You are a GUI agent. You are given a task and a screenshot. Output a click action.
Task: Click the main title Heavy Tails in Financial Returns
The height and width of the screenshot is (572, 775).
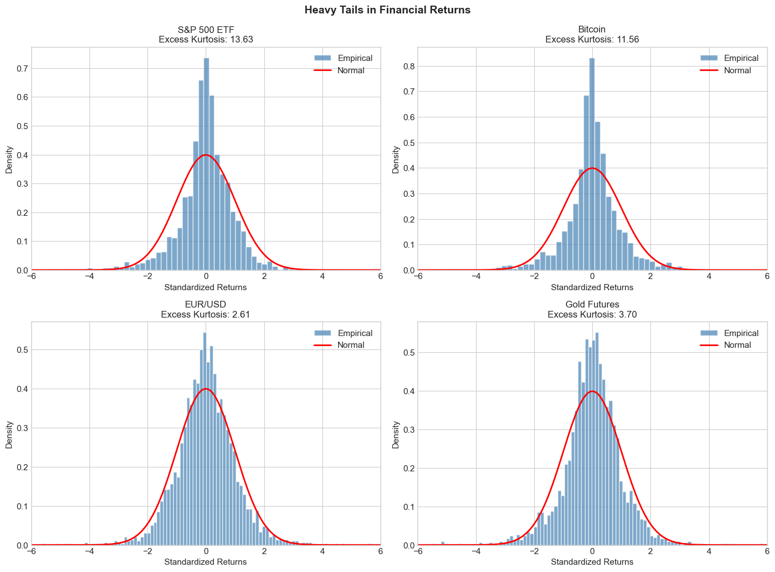click(x=387, y=10)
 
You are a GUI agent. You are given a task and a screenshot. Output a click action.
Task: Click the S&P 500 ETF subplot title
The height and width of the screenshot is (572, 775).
click(x=206, y=30)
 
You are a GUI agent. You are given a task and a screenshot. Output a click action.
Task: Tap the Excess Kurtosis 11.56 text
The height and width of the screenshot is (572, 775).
click(x=592, y=40)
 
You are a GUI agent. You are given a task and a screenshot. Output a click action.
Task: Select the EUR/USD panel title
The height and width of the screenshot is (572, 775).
click(x=206, y=304)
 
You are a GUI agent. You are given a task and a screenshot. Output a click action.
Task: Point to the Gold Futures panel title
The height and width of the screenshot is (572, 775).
click(x=592, y=304)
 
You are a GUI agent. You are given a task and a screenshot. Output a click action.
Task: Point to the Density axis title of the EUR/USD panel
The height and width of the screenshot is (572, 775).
click(x=9, y=433)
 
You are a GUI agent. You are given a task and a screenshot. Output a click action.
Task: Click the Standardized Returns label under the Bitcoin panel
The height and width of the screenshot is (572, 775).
click(x=592, y=287)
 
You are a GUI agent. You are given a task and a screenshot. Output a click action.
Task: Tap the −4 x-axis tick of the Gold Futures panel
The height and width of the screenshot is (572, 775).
click(x=476, y=554)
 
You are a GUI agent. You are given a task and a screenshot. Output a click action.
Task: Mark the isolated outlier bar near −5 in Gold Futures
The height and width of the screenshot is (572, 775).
click(x=443, y=543)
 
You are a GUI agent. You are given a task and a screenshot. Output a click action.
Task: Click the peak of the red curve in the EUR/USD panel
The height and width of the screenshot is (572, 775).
click(x=206, y=389)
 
